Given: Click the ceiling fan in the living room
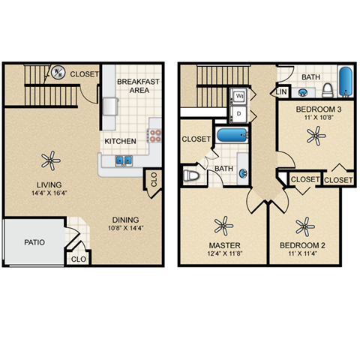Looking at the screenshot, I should point(50,159).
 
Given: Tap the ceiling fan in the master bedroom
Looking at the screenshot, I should point(223,224).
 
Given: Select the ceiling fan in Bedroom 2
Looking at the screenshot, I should point(304,224).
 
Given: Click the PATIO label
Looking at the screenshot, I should point(34,242).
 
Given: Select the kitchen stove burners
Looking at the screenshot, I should point(155,136).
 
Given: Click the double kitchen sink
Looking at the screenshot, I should point(123,160).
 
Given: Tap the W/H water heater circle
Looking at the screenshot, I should point(58,73).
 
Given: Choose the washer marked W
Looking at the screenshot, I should point(239,96).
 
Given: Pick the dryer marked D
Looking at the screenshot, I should point(239,113).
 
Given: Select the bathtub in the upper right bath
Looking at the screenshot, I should point(346,82).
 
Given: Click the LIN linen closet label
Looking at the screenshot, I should point(282,91).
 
